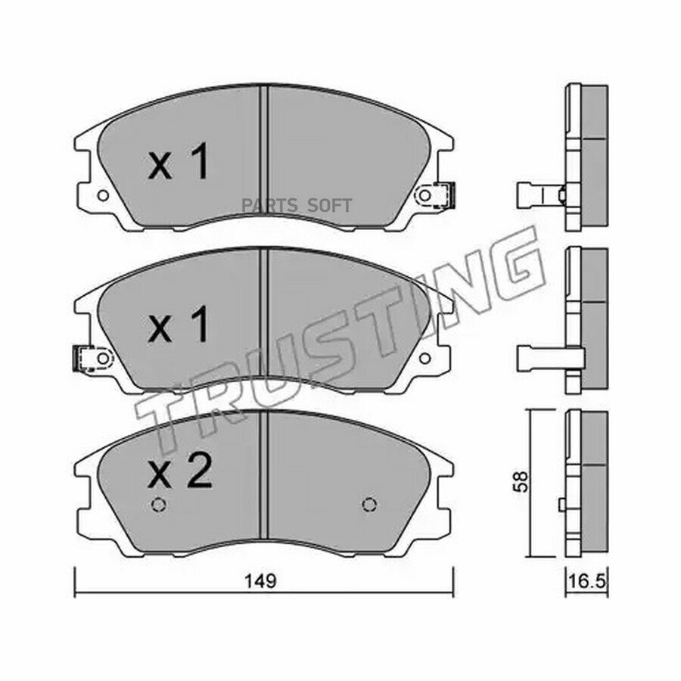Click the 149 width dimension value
260,581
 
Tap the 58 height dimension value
521,482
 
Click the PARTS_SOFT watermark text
297,205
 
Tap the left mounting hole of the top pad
103,195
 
